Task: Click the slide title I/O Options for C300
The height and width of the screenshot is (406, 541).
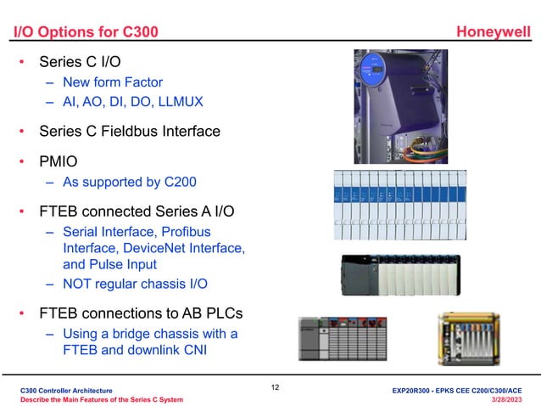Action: click(84, 32)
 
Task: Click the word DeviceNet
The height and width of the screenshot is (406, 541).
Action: click(171, 247)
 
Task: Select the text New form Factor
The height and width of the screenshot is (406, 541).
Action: click(113, 83)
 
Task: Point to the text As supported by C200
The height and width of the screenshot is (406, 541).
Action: click(125, 182)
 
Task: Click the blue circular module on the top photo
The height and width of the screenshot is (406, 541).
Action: click(371, 73)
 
